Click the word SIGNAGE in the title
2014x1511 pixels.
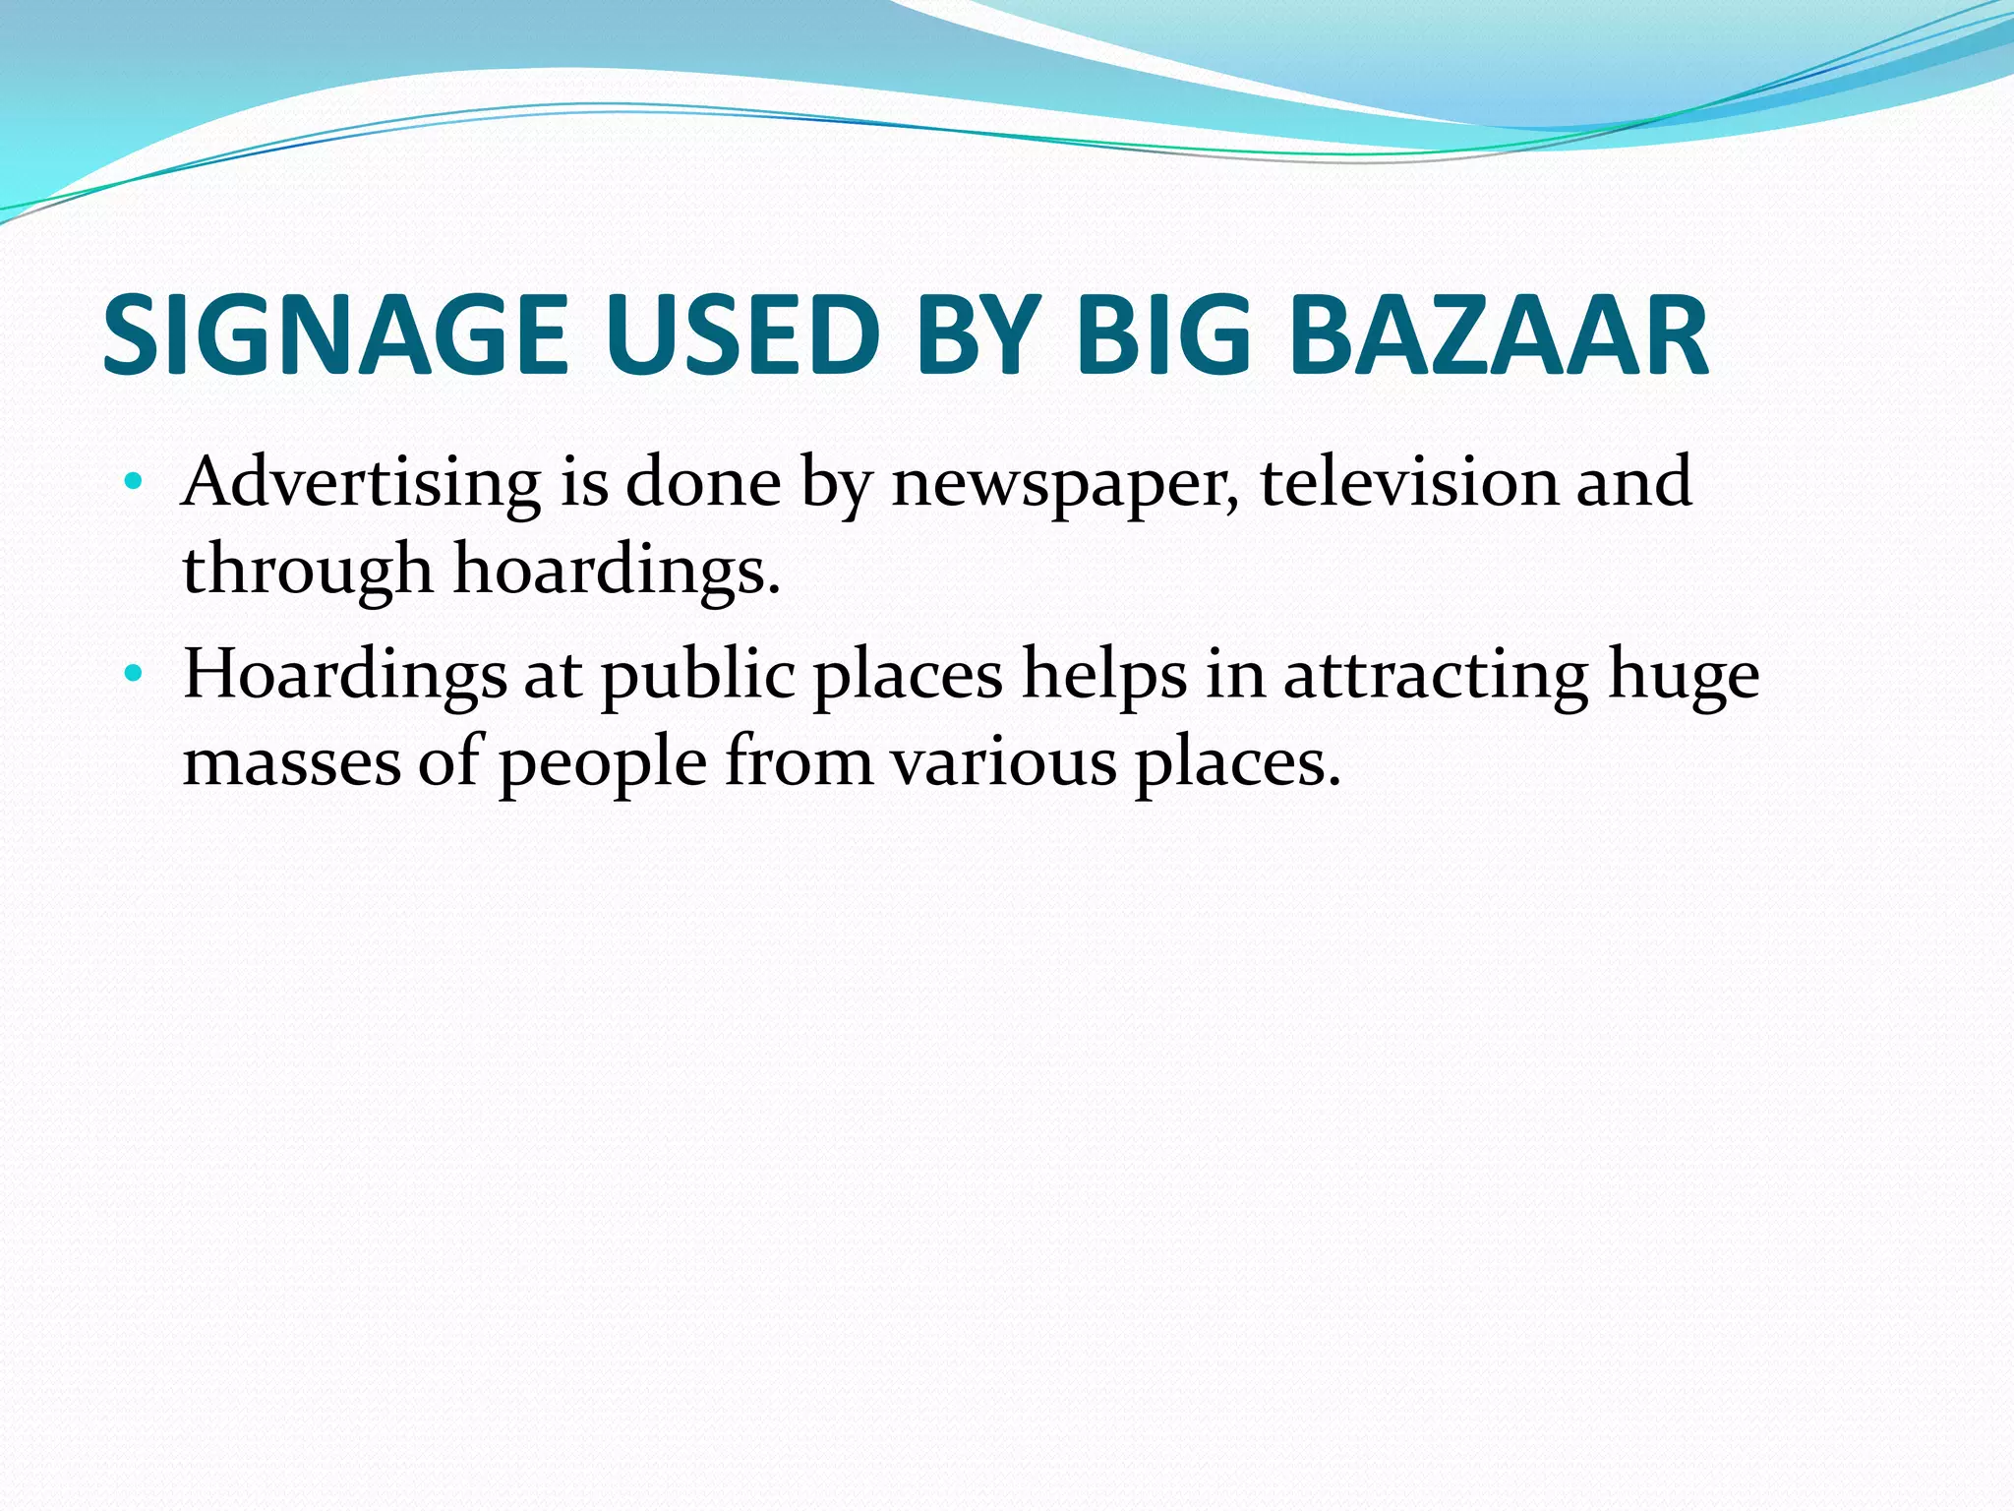pos(334,336)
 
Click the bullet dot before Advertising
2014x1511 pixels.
pos(134,483)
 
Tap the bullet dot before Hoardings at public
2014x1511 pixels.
pos(134,675)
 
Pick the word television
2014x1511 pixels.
pos(1408,483)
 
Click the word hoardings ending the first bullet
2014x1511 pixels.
pos(616,572)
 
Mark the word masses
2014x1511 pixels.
pos(292,763)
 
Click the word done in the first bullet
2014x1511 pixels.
pos(703,483)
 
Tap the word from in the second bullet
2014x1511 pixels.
pos(799,763)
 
